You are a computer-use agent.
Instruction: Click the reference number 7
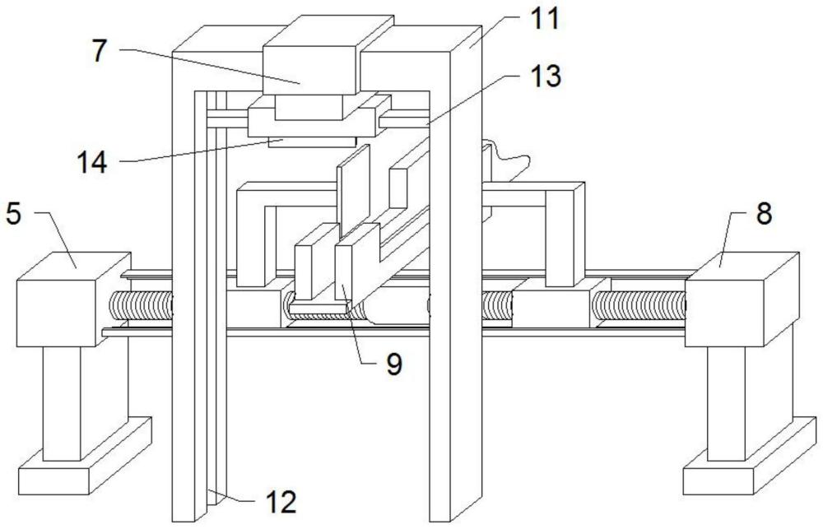(x=100, y=52)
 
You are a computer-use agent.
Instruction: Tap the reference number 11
(x=544, y=19)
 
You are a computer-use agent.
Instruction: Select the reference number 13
(x=546, y=76)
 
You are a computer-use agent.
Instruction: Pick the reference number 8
(x=764, y=213)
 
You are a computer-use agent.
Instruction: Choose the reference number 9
(x=394, y=364)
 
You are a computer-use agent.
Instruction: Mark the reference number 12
(x=281, y=502)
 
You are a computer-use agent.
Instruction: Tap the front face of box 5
(x=56, y=313)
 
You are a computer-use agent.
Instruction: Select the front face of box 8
(x=724, y=313)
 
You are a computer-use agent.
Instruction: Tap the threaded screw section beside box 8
(x=639, y=305)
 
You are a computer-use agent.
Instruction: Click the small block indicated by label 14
(x=312, y=142)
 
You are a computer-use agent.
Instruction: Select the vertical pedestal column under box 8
(x=727, y=403)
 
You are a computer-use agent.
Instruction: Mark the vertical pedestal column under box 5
(x=62, y=403)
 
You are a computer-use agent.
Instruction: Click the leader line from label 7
(x=210, y=66)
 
